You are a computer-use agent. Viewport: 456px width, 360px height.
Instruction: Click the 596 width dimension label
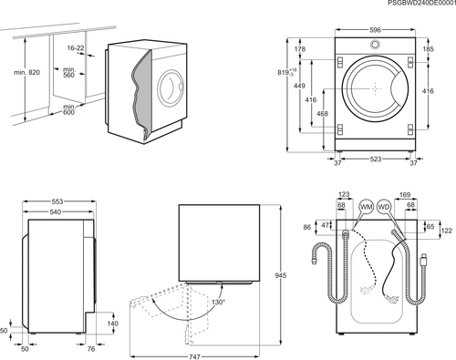[375, 30]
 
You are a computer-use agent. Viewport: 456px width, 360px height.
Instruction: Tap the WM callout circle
[366, 207]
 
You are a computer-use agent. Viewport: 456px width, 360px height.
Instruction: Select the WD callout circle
[384, 207]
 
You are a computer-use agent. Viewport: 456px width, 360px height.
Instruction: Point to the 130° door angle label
[218, 302]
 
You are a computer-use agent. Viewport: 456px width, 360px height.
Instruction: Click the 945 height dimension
[280, 275]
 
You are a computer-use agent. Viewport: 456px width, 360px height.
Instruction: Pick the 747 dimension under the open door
[194, 356]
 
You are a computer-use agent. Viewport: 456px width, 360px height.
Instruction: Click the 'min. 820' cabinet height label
[26, 72]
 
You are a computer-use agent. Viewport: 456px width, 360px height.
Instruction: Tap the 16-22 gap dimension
[76, 47]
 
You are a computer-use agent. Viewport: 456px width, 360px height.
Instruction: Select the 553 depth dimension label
[57, 201]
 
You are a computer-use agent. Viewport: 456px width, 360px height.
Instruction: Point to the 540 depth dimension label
[55, 211]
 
